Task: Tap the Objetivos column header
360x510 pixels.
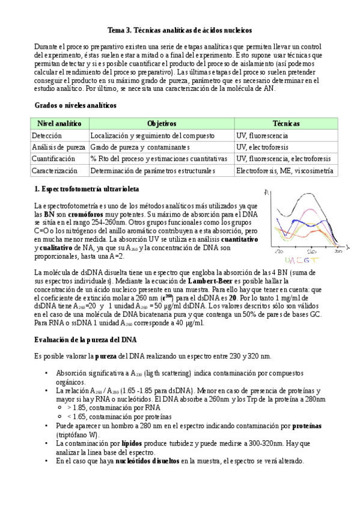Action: tap(161, 123)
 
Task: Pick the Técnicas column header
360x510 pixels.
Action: tap(285, 123)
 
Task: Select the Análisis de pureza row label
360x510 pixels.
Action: tap(58, 147)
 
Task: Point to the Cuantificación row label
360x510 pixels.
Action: tap(53, 159)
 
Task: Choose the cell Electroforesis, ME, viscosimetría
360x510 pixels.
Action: tap(284, 171)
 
